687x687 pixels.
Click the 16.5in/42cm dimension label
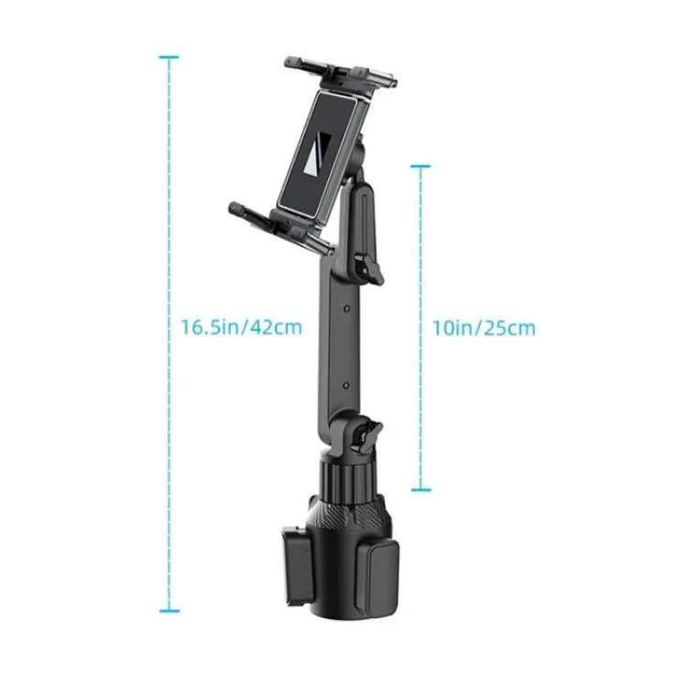tap(242, 328)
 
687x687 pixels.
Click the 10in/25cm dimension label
tap(484, 328)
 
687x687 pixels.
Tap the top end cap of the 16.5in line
tap(169, 57)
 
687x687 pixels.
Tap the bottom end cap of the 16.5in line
tap(169, 611)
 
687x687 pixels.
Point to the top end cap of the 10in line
tap(420, 167)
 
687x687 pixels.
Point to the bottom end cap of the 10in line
tap(420, 490)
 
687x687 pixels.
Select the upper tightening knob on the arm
tap(367, 270)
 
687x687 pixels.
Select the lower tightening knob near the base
tap(368, 435)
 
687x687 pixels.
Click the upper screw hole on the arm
tap(346, 309)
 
